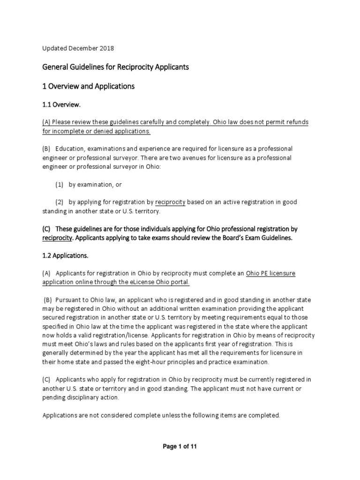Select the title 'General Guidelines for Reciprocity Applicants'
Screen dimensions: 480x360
point(115,67)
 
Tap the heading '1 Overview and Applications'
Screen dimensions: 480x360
point(89,86)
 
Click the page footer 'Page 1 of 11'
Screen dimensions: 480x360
point(180,447)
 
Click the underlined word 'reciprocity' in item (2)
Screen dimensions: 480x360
point(170,202)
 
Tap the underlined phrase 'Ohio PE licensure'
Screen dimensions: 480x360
point(271,273)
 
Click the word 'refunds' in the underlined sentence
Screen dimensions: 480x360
point(296,122)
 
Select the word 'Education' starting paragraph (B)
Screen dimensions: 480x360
point(70,149)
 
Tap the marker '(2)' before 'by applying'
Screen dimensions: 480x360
point(60,202)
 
